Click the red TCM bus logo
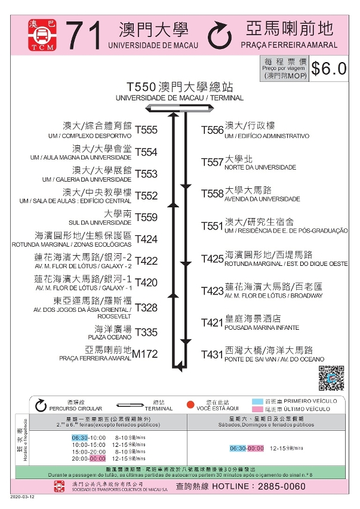tap(42, 36)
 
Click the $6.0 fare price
tap(329, 69)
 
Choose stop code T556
tap(212, 130)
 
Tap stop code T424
tap(146, 240)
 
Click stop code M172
tap(145, 354)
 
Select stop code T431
tap(212, 354)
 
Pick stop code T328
tap(146, 308)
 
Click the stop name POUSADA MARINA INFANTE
tap(254, 327)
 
